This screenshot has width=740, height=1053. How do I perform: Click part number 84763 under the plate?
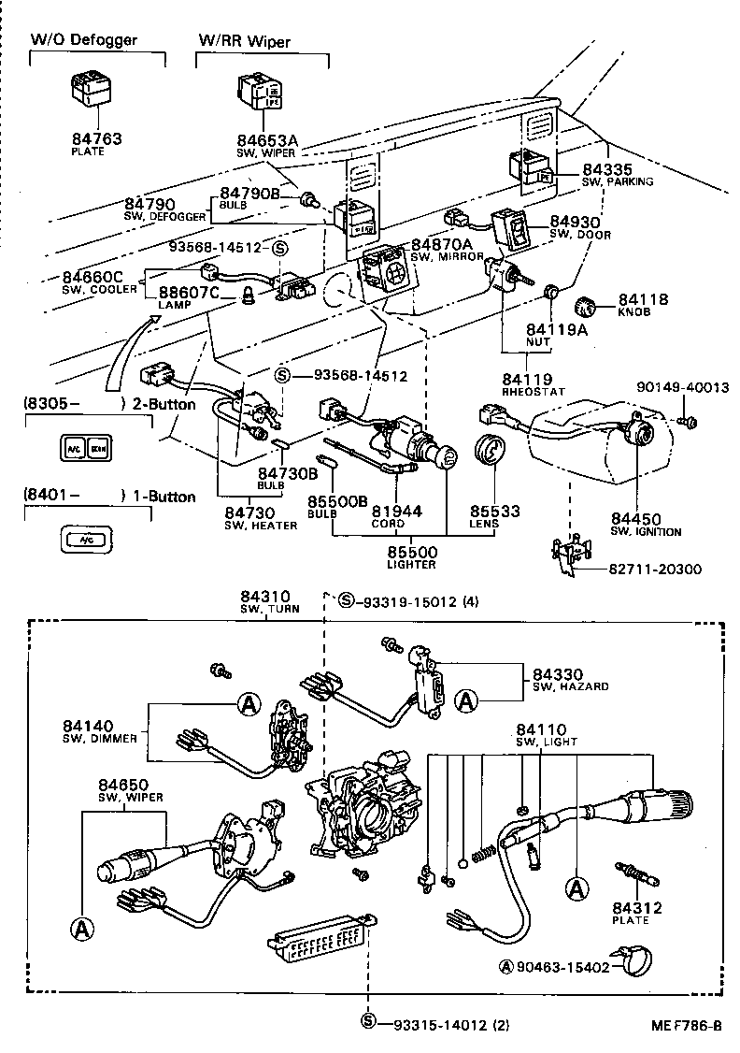tap(96, 139)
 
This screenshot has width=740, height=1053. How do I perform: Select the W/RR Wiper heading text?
tap(244, 41)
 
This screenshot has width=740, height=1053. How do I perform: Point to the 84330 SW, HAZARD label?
tap(569, 679)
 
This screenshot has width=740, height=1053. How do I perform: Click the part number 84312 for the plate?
tap(637, 907)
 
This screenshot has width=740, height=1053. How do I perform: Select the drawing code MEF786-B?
tap(687, 1025)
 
